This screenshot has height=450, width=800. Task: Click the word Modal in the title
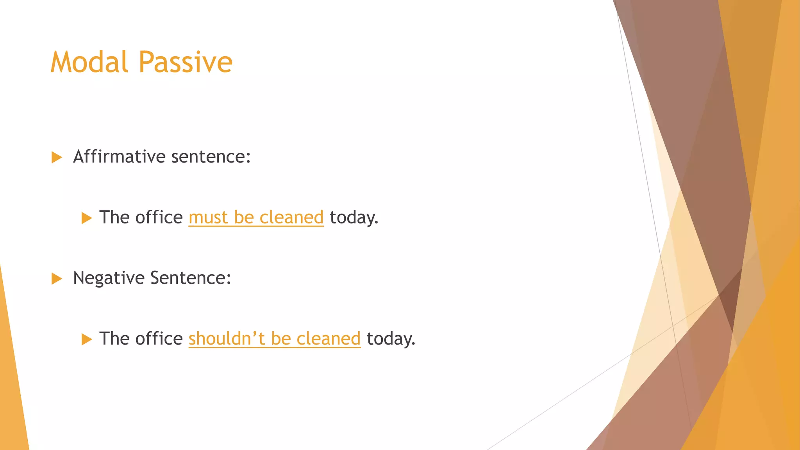tap(89, 62)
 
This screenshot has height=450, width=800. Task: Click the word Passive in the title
tap(186, 62)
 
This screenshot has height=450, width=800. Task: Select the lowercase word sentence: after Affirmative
tap(211, 157)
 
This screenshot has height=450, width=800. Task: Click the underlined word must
tap(208, 218)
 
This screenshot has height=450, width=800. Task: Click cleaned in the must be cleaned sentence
tap(291, 218)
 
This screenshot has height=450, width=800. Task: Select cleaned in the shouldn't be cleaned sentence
tap(328, 339)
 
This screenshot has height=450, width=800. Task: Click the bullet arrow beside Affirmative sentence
tap(57, 157)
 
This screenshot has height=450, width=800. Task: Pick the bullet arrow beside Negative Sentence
tap(57, 279)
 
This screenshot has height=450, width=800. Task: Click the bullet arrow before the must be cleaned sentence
tap(87, 218)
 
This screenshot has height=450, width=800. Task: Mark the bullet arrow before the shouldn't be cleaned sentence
tap(87, 339)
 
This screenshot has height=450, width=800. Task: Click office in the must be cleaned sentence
tap(159, 218)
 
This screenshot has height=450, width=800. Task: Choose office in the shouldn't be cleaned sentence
tap(159, 339)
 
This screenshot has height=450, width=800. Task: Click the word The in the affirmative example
tap(114, 218)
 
